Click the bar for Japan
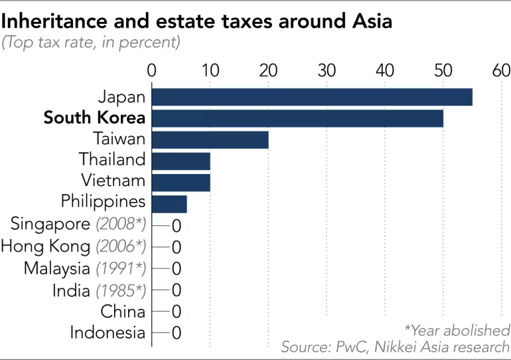[312, 97]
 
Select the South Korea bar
[297, 118]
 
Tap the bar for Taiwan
[210, 139]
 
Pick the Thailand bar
[181, 160]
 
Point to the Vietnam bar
[181, 181]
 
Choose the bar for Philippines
[169, 203]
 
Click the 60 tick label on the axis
[501, 71]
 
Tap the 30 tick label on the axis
[327, 71]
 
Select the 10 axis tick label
[210, 71]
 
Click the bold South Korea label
[94, 118]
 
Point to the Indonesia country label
[107, 332]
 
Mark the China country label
[123, 311]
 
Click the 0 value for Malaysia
[177, 269]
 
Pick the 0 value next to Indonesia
[177, 333]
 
